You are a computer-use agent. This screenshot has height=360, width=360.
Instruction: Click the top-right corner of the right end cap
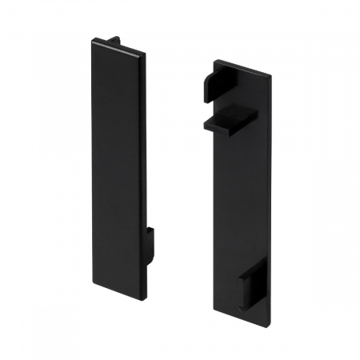[270, 77]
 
